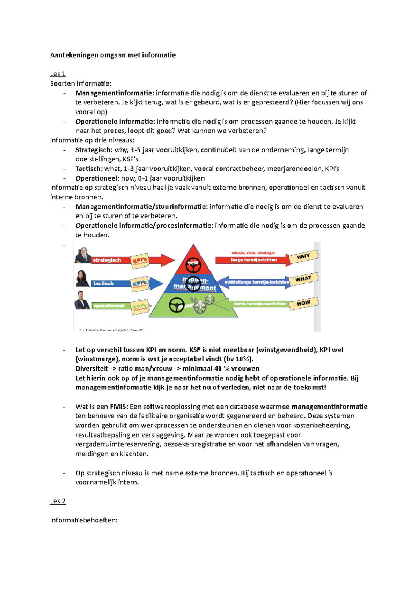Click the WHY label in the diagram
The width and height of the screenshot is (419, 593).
tap(303, 257)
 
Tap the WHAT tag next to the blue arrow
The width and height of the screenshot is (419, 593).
tap(303, 279)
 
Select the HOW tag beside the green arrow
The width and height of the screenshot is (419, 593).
tap(303, 303)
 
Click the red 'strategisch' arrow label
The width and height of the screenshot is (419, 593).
tap(107, 260)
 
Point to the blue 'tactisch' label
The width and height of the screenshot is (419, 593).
tap(103, 284)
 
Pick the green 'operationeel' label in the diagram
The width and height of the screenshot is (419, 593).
tap(109, 306)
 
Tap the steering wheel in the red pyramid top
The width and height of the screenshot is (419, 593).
tap(193, 265)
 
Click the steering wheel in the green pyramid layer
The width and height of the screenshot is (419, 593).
tap(177, 306)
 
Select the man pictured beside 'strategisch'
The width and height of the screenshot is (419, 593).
tap(83, 255)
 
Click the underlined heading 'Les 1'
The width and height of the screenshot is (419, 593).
tap(58, 74)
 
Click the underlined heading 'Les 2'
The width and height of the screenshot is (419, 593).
tap(58, 501)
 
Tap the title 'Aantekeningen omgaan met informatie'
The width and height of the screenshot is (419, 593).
tap(113, 55)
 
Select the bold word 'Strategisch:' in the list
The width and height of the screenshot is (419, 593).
tap(94, 150)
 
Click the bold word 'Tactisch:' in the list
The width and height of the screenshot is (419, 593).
tap(89, 169)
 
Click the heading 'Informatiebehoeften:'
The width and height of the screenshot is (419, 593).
tap(84, 520)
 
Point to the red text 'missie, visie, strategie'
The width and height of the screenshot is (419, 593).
tap(253, 253)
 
